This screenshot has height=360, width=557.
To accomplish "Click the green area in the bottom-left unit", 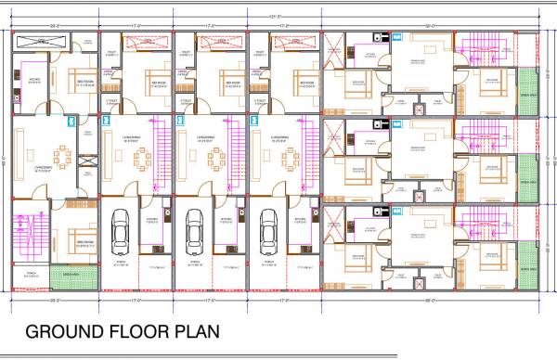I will (71, 275).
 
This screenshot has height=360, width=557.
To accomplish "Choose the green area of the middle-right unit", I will (527, 176).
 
